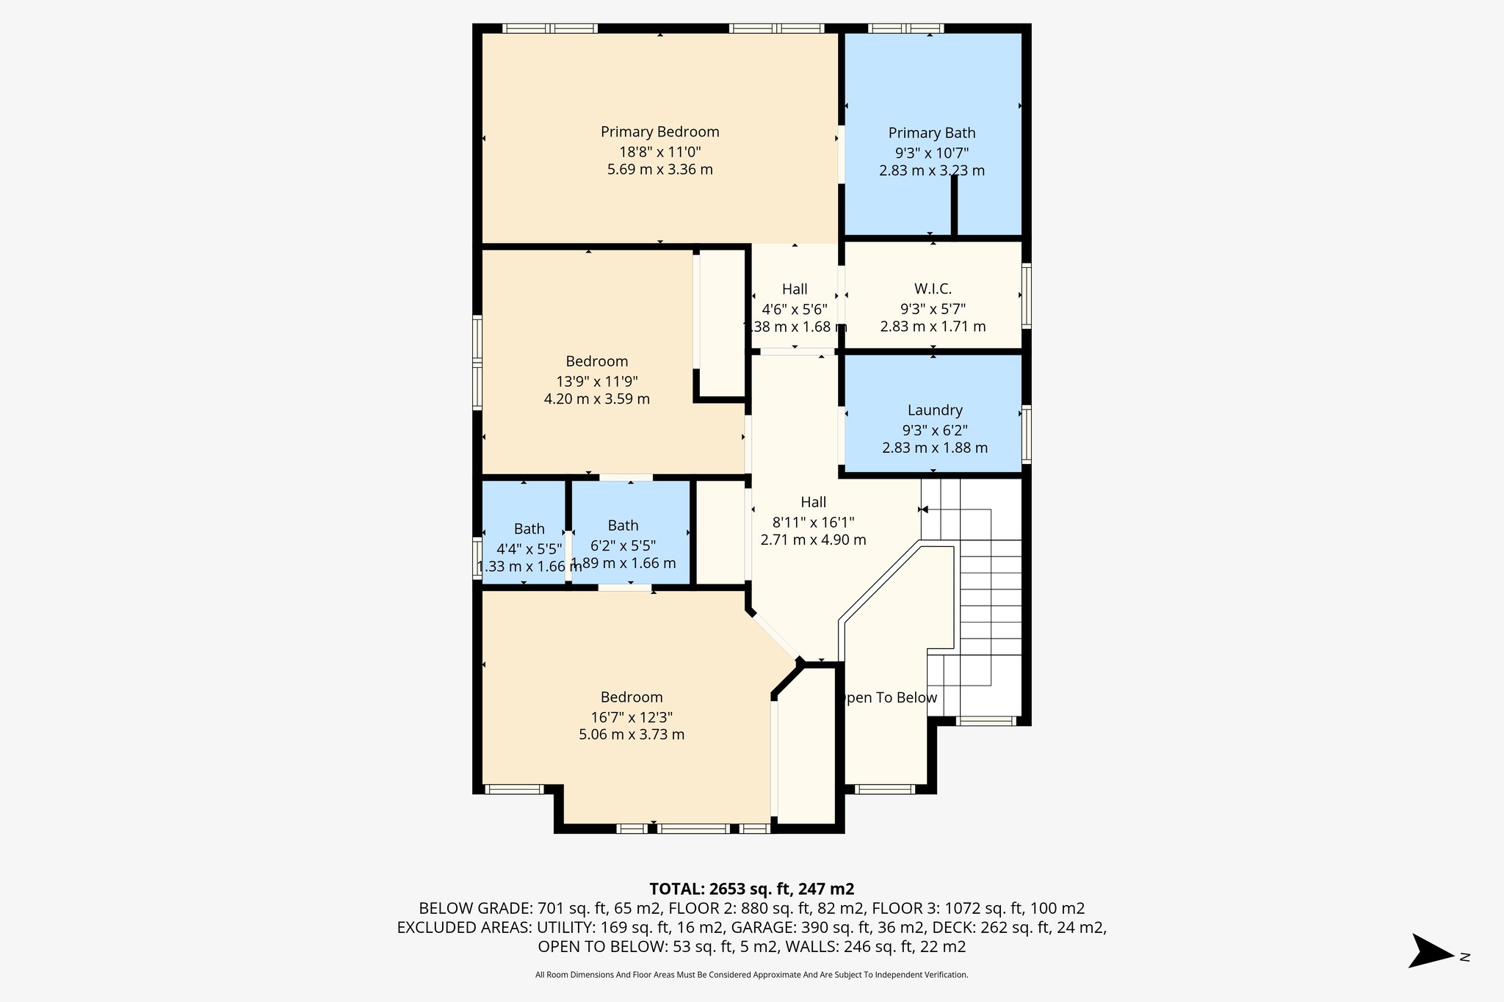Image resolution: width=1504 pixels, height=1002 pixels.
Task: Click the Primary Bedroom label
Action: (659, 132)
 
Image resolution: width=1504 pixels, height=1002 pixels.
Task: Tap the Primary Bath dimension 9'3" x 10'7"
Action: (931, 153)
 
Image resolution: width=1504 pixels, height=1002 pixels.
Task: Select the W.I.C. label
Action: (933, 289)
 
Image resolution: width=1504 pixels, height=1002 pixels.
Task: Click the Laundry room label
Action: (934, 410)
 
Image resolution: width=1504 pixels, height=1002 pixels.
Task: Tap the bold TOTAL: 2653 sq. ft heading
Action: (751, 890)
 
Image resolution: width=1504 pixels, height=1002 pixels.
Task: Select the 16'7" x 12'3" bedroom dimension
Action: (632, 717)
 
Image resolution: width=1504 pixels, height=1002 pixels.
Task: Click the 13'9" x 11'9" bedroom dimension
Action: (596, 382)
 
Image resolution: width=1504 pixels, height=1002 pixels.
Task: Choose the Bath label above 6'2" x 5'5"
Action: (623, 526)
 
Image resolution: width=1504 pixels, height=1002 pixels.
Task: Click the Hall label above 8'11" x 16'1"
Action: (813, 503)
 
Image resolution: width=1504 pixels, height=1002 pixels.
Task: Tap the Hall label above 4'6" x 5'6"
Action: (794, 289)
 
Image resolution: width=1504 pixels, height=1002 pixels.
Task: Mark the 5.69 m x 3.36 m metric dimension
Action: (659, 170)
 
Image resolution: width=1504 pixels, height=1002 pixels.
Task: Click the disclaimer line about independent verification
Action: (751, 975)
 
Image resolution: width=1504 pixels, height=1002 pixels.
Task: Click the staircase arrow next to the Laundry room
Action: (924, 509)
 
